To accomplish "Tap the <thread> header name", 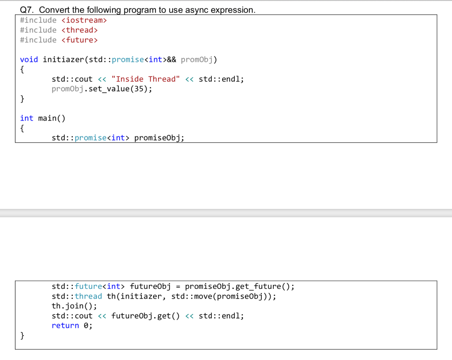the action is (x=79, y=30).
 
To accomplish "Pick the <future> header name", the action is (x=79, y=40).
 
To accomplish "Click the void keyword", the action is (x=29, y=60).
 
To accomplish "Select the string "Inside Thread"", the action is (x=146, y=79).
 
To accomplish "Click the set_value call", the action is (x=109, y=89).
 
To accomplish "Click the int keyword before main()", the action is (x=26, y=118).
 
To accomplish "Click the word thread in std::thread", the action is (x=88, y=296).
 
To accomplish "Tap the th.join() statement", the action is (x=74, y=306).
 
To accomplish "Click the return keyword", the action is (x=65, y=326).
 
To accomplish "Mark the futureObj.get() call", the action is (x=146, y=316).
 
